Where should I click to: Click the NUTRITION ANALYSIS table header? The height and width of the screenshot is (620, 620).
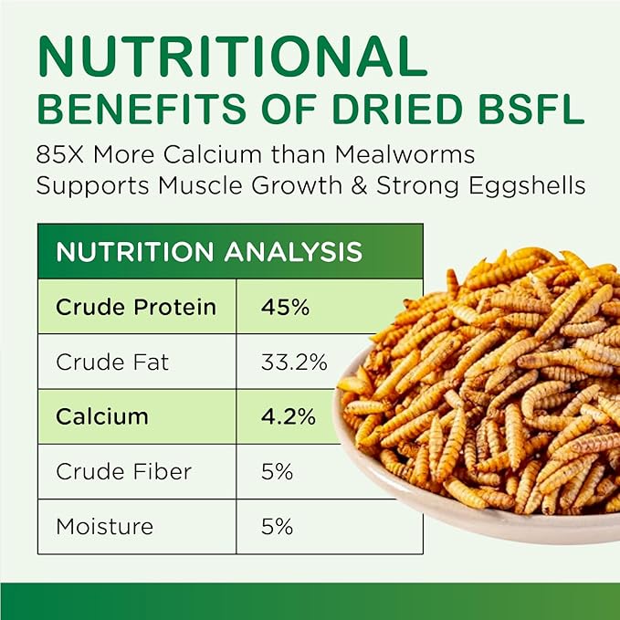pos(209,251)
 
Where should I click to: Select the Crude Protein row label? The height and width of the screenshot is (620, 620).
pos(136,307)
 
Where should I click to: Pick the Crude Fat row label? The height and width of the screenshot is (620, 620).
pos(112,362)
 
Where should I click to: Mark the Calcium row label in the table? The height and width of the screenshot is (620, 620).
pos(102,416)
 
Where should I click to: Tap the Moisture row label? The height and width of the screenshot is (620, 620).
pos(105,527)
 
